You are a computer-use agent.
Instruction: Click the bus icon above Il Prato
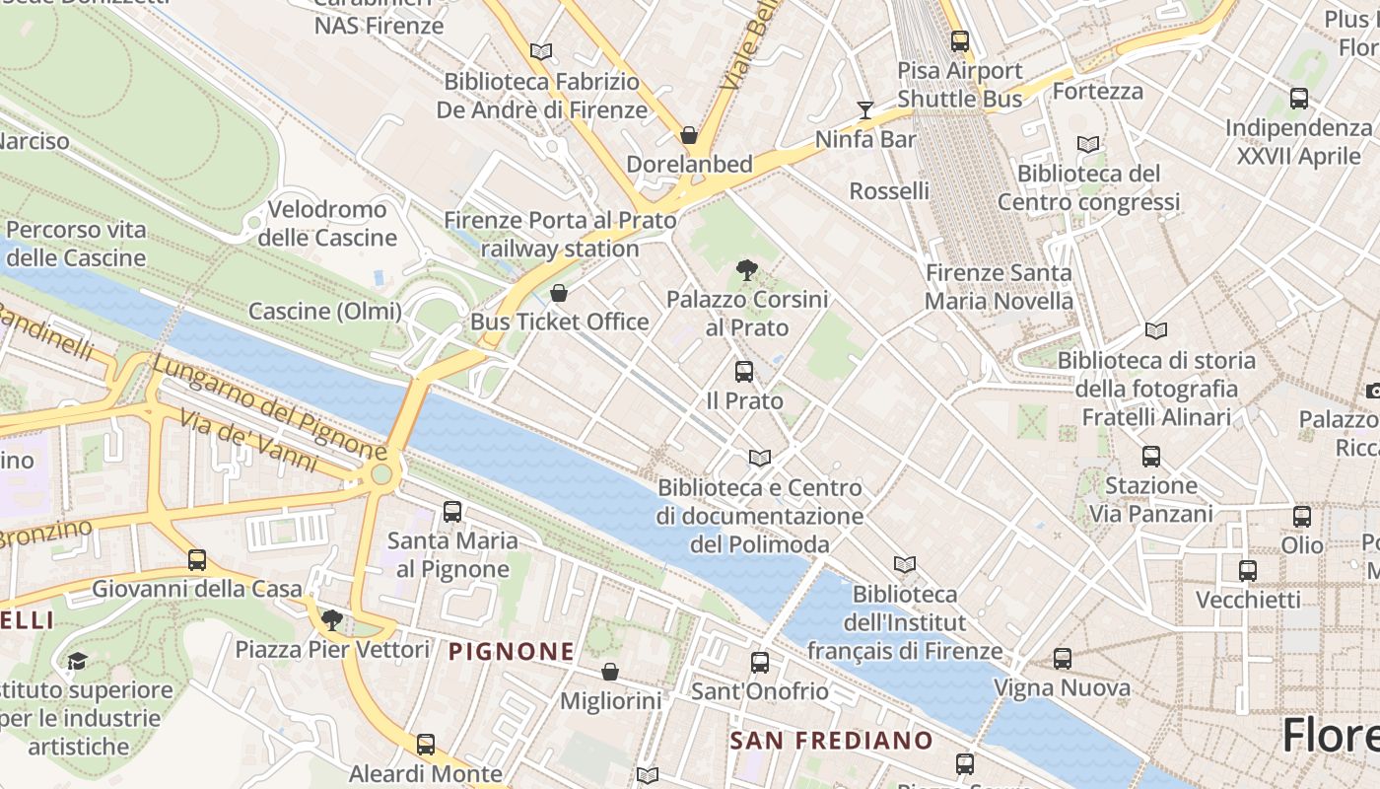pos(744,372)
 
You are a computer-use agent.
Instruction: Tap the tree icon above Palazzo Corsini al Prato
pos(747,269)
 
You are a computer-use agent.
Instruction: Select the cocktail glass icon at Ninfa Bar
pos(865,109)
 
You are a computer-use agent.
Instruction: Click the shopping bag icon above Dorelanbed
pos(689,134)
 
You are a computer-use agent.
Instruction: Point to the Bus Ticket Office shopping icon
pos(559,293)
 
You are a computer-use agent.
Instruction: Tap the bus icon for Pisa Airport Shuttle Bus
pos(960,41)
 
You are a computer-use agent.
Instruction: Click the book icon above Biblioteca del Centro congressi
pos(1088,144)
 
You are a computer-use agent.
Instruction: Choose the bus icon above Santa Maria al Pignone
pos(452,511)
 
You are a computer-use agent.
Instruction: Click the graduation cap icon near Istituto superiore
pos(77,660)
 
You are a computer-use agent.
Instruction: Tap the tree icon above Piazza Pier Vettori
pos(332,619)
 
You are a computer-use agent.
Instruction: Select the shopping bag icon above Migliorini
pos(610,672)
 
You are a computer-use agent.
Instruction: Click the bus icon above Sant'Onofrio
pos(759,662)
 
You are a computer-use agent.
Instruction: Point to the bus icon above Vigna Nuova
pos(1062,658)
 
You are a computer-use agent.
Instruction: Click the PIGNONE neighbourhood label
pos(512,651)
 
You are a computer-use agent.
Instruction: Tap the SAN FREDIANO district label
pos(831,740)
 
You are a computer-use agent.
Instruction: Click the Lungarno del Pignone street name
pos(268,408)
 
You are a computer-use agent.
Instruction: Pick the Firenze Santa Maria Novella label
pos(999,286)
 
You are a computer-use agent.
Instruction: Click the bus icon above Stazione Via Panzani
pos(1150,456)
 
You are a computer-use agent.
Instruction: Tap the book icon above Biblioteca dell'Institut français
pos(904,564)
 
